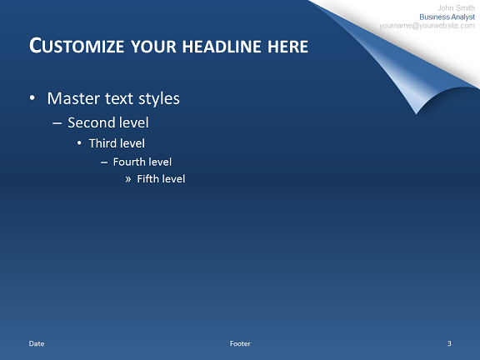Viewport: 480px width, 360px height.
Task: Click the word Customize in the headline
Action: click(x=77, y=46)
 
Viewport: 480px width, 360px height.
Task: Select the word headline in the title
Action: click(x=222, y=47)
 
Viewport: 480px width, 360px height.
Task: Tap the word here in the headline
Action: click(x=287, y=47)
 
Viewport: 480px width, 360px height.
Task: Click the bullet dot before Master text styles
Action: click(x=32, y=98)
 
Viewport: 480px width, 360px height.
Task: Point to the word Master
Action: click(x=73, y=98)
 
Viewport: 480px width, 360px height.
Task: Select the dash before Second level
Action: click(x=57, y=123)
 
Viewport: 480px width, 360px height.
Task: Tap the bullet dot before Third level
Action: click(x=79, y=143)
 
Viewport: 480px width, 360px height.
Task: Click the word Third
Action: click(x=102, y=143)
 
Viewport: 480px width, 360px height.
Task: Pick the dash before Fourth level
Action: click(x=104, y=162)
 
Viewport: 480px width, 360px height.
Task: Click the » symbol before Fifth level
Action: click(x=128, y=179)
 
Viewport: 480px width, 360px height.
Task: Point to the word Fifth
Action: click(x=148, y=179)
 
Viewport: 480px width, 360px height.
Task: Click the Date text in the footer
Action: click(x=37, y=343)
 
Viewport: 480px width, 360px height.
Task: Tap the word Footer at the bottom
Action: click(x=240, y=343)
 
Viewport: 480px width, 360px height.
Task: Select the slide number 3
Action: click(x=449, y=343)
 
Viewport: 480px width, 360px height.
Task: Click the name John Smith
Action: click(x=456, y=8)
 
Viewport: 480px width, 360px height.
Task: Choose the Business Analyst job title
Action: click(x=447, y=17)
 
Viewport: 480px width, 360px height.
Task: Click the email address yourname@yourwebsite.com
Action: click(x=427, y=26)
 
